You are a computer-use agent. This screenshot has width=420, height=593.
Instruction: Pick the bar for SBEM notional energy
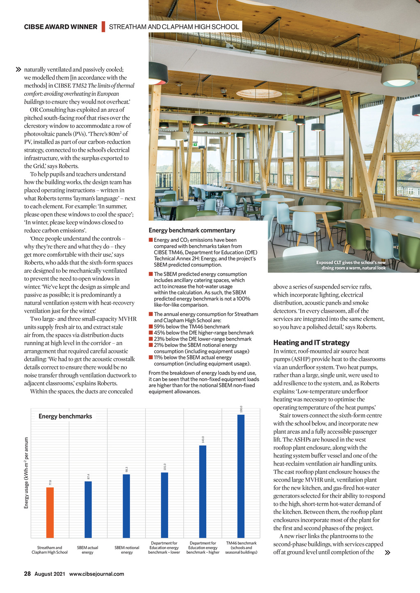[x=126, y=506]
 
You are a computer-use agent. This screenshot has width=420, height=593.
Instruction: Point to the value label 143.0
[x=203, y=439]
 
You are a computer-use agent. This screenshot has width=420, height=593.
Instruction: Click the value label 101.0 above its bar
[x=165, y=467]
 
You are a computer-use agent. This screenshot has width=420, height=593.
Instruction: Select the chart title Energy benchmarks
[x=65, y=416]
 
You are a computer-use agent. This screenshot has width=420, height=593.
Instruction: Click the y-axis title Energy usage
[x=27, y=473]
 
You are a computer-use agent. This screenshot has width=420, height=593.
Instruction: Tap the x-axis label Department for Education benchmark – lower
[x=164, y=548]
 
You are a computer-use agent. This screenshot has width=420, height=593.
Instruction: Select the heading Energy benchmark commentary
[x=192, y=230]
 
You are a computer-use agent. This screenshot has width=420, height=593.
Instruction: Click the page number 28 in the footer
[x=27, y=574]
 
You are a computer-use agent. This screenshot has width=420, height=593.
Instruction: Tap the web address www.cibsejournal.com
[x=96, y=574]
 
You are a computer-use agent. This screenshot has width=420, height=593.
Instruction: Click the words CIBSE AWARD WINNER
[x=61, y=27]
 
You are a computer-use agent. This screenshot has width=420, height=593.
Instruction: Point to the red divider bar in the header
[x=103, y=27]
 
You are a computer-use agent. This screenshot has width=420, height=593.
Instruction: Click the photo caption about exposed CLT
[x=351, y=265]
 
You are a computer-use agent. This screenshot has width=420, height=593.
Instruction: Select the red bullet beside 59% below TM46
[x=151, y=327]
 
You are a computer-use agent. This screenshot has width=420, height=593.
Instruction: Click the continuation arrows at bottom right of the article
[x=388, y=552]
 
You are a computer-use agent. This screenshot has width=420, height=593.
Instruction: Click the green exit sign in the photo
[x=196, y=144]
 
